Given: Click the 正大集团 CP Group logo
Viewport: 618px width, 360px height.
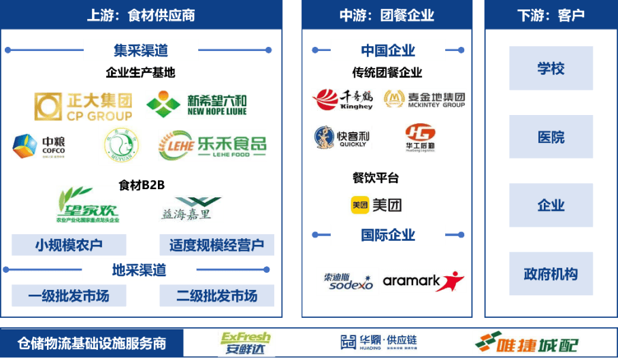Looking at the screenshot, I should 83,107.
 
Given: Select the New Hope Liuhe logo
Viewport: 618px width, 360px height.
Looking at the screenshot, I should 196,105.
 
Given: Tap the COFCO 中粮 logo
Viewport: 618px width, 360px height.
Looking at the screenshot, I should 38,146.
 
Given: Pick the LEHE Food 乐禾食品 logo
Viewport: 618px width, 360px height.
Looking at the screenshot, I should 212,146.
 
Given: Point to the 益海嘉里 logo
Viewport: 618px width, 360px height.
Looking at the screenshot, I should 191,209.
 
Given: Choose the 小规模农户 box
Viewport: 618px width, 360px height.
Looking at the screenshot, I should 69,245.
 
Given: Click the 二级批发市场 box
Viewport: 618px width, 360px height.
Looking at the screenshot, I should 216,296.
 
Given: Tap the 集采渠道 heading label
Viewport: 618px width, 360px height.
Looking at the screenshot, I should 141,50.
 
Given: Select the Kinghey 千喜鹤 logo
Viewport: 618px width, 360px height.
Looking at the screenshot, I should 343,99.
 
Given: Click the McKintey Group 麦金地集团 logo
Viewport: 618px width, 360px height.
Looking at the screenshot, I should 424,99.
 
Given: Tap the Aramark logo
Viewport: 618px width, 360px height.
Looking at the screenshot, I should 423,281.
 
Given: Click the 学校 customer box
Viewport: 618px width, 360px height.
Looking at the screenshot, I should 551,69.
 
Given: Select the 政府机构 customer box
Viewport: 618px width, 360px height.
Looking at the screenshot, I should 551,274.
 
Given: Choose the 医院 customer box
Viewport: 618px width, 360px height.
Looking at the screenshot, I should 551,137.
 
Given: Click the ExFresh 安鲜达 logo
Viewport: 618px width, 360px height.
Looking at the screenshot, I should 247,343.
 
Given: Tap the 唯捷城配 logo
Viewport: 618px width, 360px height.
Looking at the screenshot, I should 527,343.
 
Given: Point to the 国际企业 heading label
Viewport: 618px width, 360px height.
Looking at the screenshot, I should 388,235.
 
